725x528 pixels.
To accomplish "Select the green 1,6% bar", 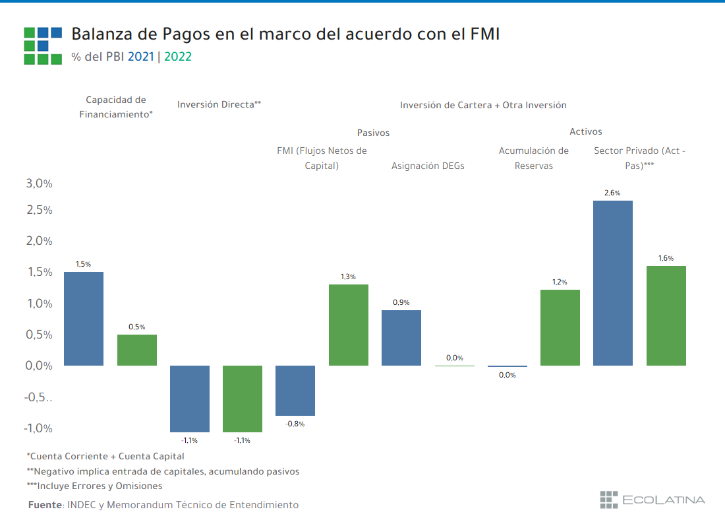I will coord(666,315).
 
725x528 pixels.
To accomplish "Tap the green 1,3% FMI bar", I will coord(348,325).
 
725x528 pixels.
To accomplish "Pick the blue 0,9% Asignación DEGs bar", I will coord(401,337).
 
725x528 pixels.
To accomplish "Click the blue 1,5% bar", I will coord(84,319).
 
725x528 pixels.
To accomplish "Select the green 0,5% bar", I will coord(137,350).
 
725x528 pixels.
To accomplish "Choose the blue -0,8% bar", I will coord(295,390).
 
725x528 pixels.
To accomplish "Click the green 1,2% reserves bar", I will coord(560,327).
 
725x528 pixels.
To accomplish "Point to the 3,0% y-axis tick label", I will coord(39,183).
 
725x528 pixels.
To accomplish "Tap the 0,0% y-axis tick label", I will coord(39,366).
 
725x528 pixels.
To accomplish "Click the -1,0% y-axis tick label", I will coord(39,428).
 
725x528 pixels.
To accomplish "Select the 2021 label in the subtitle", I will coord(140,57).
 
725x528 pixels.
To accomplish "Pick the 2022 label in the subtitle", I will coord(178,57).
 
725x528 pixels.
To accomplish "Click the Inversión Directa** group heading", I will coord(219,104).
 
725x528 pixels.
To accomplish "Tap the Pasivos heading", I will coord(373,133).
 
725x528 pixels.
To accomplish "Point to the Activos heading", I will coord(586,131).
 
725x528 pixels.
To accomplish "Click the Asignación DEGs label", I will coord(428,166).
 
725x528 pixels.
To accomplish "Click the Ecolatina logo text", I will coord(664,500).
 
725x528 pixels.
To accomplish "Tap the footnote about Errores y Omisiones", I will coord(94,486).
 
